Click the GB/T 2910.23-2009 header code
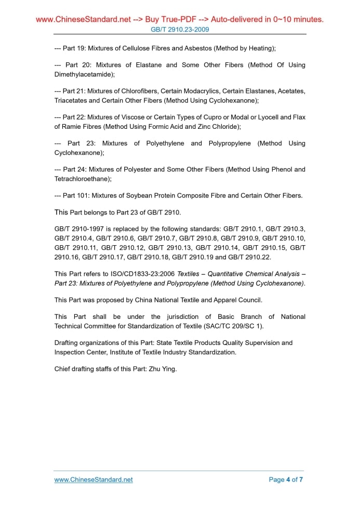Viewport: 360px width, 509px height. [x=180, y=30]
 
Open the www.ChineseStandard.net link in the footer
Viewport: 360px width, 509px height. [x=94, y=479]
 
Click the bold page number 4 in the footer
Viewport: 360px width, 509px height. [x=288, y=479]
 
